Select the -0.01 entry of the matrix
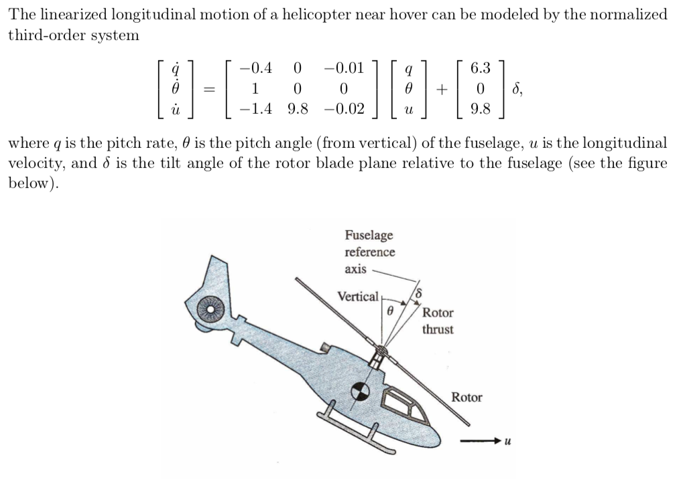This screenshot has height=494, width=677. point(343,68)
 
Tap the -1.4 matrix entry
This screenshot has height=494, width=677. point(257,108)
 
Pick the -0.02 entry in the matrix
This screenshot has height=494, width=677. point(343,108)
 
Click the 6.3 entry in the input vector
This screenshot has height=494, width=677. point(481,68)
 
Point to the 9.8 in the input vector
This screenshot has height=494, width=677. point(481,108)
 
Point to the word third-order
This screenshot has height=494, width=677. point(41,35)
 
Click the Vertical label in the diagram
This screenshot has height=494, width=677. point(358,297)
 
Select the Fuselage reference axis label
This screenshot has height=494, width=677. point(369,252)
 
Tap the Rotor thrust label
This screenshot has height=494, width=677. point(438,321)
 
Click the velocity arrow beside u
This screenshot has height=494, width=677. point(480,440)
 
